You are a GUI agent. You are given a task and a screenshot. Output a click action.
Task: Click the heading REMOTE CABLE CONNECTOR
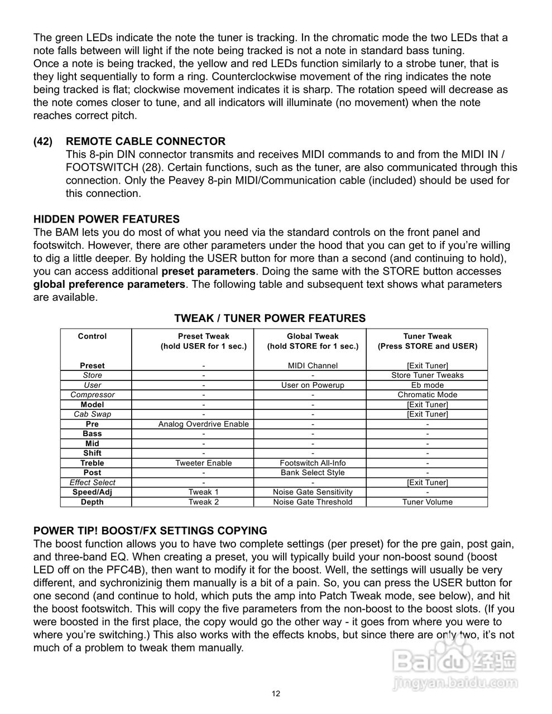point(146,142)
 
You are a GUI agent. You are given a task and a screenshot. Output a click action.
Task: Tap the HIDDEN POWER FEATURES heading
point(107,219)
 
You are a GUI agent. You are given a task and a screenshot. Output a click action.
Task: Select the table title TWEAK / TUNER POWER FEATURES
point(270,319)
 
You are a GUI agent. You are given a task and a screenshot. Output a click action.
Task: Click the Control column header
point(92,336)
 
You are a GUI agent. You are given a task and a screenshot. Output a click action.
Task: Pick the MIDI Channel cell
point(313,366)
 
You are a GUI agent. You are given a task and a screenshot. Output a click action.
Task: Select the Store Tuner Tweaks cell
point(427,375)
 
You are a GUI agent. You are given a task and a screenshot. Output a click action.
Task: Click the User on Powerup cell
point(313,385)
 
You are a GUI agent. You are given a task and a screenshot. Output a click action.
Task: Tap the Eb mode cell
point(427,385)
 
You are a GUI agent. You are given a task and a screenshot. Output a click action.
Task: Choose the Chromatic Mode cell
point(427,395)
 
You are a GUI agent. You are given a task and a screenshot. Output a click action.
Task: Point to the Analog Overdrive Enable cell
point(203,424)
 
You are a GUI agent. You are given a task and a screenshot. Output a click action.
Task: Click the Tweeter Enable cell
point(203,464)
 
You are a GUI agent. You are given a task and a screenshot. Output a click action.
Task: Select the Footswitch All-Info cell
point(313,464)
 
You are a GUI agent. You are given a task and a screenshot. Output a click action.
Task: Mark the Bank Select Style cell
point(313,473)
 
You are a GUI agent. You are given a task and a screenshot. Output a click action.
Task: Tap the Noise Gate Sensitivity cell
point(313,493)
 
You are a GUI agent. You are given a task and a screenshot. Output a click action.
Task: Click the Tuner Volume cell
point(427,502)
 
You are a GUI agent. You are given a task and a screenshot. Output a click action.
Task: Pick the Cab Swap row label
point(92,414)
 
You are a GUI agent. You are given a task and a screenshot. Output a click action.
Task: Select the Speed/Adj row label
point(92,493)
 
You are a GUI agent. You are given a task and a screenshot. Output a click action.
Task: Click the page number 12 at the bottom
point(276,694)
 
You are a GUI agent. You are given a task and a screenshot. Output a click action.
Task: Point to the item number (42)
point(43,142)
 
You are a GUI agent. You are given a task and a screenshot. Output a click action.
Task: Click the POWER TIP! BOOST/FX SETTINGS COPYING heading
point(150,531)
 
